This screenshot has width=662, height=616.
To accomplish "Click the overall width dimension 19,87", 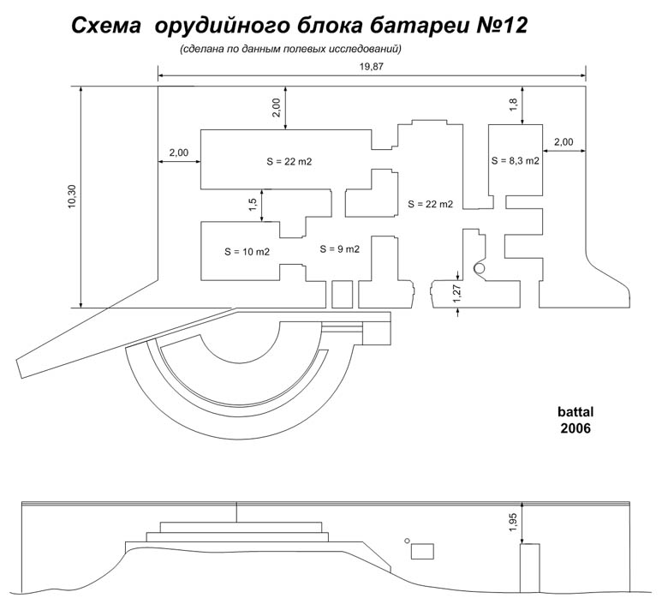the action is point(372,67).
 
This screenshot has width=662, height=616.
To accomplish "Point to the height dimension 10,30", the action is point(71,196).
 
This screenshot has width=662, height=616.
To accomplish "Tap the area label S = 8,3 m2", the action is point(515,161).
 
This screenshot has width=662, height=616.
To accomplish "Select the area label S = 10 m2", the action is point(247,252).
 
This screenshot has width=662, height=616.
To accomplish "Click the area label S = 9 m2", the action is point(339,249).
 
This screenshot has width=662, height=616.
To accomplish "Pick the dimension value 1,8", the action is point(513,105).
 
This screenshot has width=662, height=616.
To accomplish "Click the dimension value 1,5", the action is point(253,205).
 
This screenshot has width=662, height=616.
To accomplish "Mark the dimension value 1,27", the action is point(456,294).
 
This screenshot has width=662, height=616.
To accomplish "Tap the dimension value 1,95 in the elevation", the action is point(513,523).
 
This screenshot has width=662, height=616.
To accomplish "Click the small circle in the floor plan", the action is point(480,268).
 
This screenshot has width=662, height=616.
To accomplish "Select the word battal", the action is point(576,412).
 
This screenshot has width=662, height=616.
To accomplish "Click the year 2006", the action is point(576,428).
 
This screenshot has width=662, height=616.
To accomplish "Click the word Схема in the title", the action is point(105,26).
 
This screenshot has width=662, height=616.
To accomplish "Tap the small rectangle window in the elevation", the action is point(422,552).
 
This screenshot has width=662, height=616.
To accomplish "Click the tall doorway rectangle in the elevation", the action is point(530,568).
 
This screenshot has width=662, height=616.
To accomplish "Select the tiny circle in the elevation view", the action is point(407,541).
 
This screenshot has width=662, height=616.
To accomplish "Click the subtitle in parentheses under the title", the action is point(290,49).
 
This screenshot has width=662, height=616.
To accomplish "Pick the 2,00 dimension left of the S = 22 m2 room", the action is point(179,153).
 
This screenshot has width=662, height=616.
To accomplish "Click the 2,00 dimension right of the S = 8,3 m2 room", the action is point(564,142).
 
